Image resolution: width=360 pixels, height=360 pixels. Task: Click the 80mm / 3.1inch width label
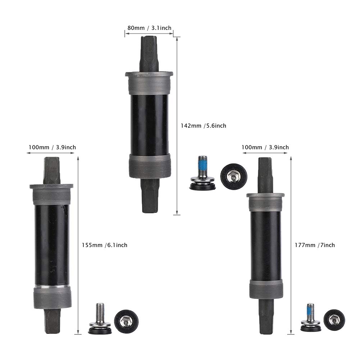pyautogui.click(x=150, y=28)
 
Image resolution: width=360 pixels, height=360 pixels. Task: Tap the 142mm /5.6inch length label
pyautogui.click(x=204, y=126)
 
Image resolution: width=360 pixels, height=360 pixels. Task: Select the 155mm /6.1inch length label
pyautogui.click(x=104, y=245)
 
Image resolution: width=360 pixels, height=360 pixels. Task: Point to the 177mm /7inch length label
pyautogui.click(x=315, y=245)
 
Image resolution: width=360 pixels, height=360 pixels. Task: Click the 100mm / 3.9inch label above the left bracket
pyautogui.click(x=53, y=147)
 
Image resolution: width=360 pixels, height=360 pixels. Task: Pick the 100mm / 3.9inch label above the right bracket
pyautogui.click(x=265, y=147)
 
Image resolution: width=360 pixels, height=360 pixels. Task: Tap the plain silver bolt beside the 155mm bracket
pyautogui.click(x=100, y=318)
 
